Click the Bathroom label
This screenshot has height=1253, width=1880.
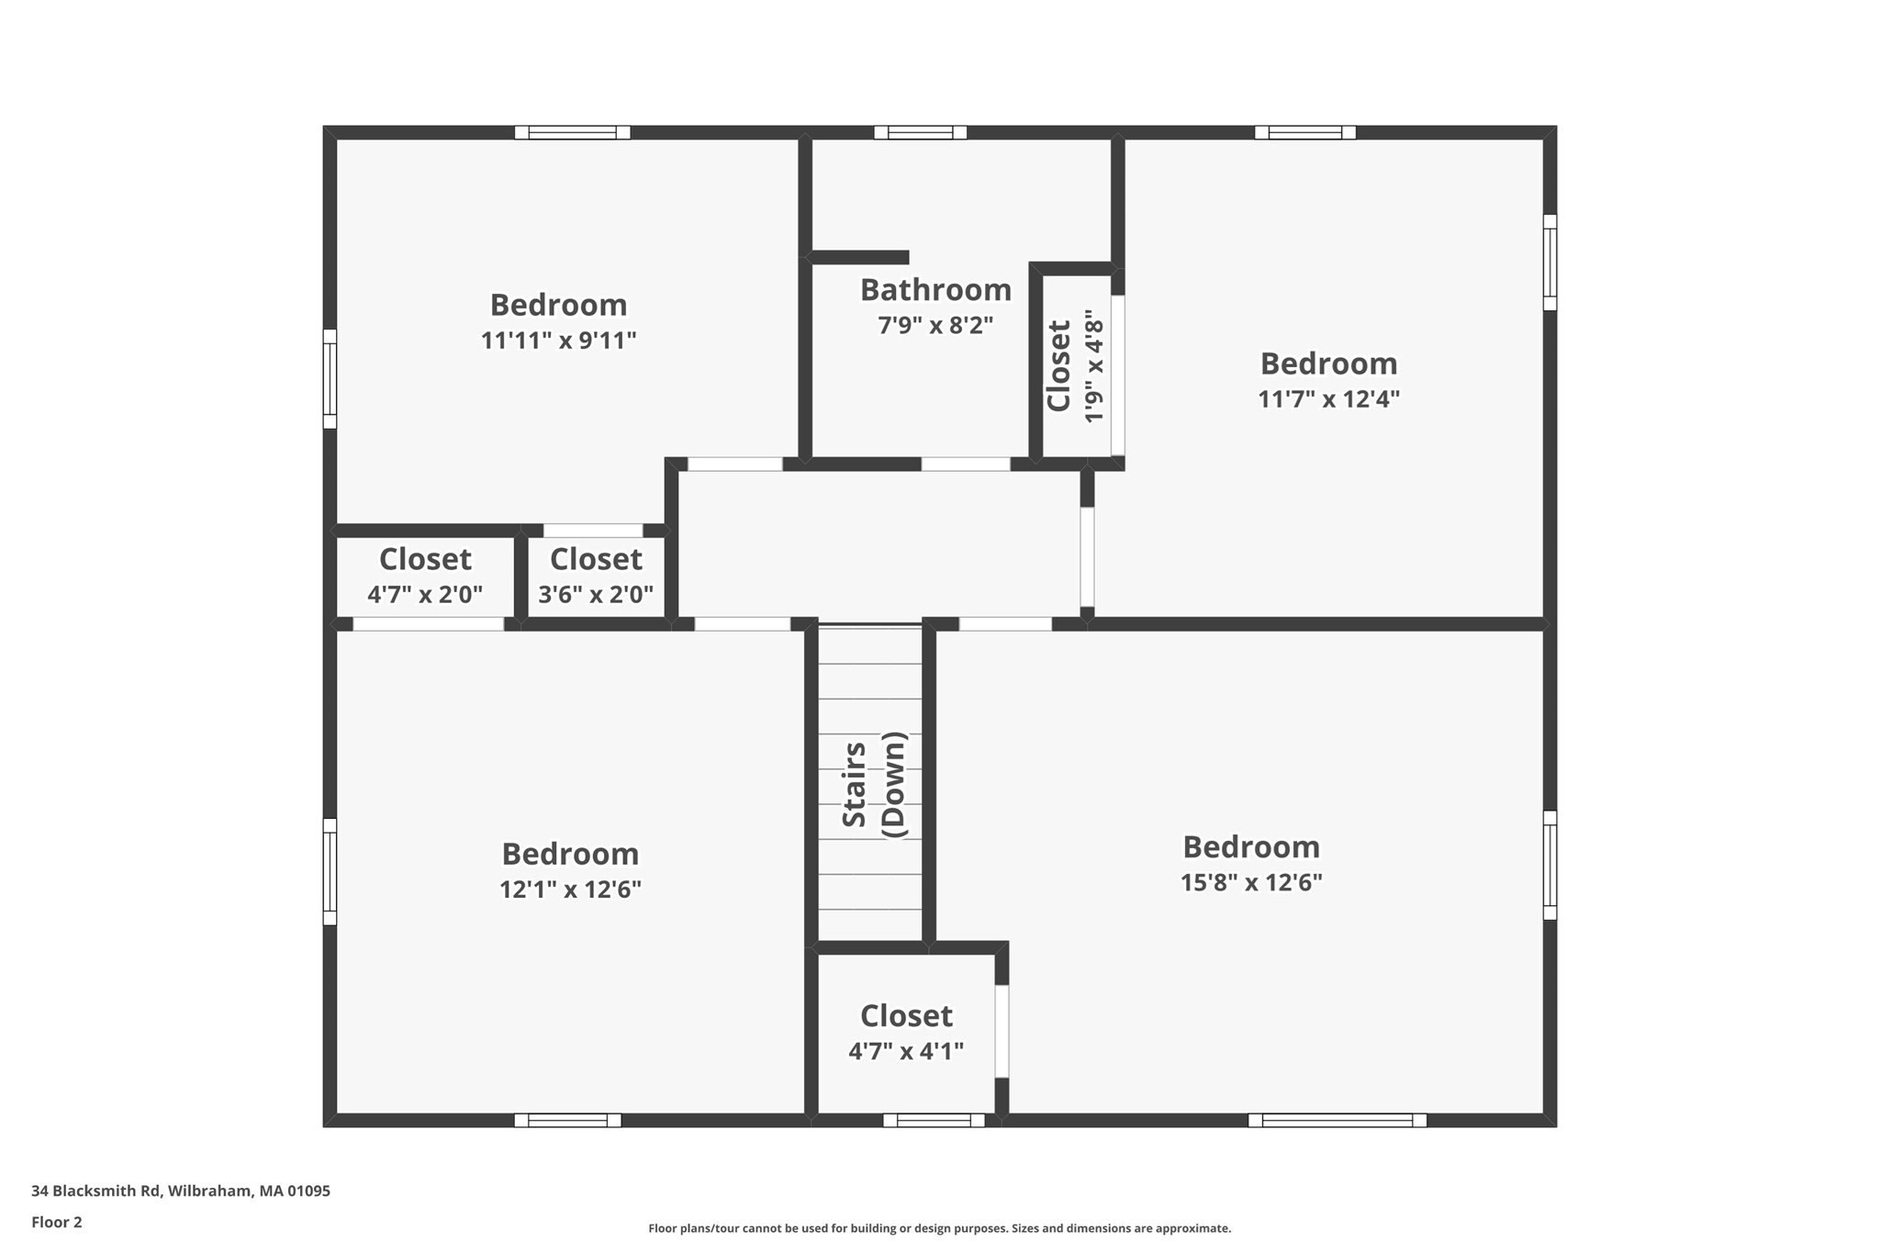pyautogui.click(x=935, y=290)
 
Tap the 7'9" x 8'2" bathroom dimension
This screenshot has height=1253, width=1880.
pyautogui.click(x=935, y=326)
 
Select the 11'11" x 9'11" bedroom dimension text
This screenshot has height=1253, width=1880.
pyautogui.click(x=558, y=341)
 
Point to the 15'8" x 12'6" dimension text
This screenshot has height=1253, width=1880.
pyautogui.click(x=1251, y=883)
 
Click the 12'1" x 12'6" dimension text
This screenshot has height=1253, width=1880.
pyautogui.click(x=570, y=890)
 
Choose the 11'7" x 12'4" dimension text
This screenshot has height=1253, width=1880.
pyautogui.click(x=1328, y=400)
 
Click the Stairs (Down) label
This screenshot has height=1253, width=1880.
pyautogui.click(x=874, y=785)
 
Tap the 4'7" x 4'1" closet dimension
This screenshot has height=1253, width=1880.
pyautogui.click(x=906, y=1052)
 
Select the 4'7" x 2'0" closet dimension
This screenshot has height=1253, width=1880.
pyautogui.click(x=425, y=596)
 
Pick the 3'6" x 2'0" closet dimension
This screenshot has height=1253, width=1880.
pyautogui.click(x=596, y=596)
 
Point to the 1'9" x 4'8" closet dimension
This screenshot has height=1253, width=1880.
pyautogui.click(x=1093, y=366)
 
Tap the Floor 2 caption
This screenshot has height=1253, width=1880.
pyautogui.click(x=57, y=1222)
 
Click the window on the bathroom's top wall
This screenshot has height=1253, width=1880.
pyautogui.click(x=920, y=132)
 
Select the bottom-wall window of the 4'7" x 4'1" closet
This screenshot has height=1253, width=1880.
pyautogui.click(x=934, y=1120)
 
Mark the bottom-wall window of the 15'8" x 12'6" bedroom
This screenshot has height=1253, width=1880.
pyautogui.click(x=1337, y=1120)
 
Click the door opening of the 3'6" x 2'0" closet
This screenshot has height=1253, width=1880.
pyautogui.click(x=593, y=531)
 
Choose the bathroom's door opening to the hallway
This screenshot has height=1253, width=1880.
pyautogui.click(x=966, y=464)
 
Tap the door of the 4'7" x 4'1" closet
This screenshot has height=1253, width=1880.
pyautogui.click(x=1002, y=1031)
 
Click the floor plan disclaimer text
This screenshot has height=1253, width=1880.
pyautogui.click(x=939, y=1228)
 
